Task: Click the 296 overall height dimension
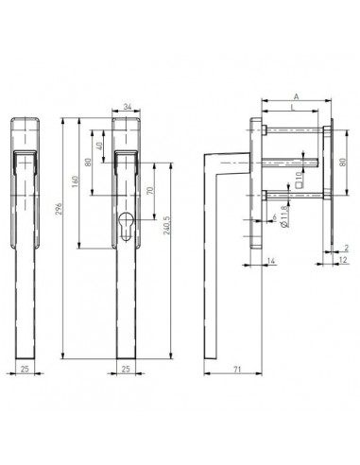point(59,209)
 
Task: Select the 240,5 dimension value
point(166,225)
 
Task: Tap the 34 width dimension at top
point(128,107)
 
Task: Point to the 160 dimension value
point(75,181)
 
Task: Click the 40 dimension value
point(99,146)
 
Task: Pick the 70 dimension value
point(150,191)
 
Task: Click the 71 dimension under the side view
point(237,369)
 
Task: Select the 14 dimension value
point(271,261)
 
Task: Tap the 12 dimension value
point(343,260)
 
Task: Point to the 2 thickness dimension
point(347,248)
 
